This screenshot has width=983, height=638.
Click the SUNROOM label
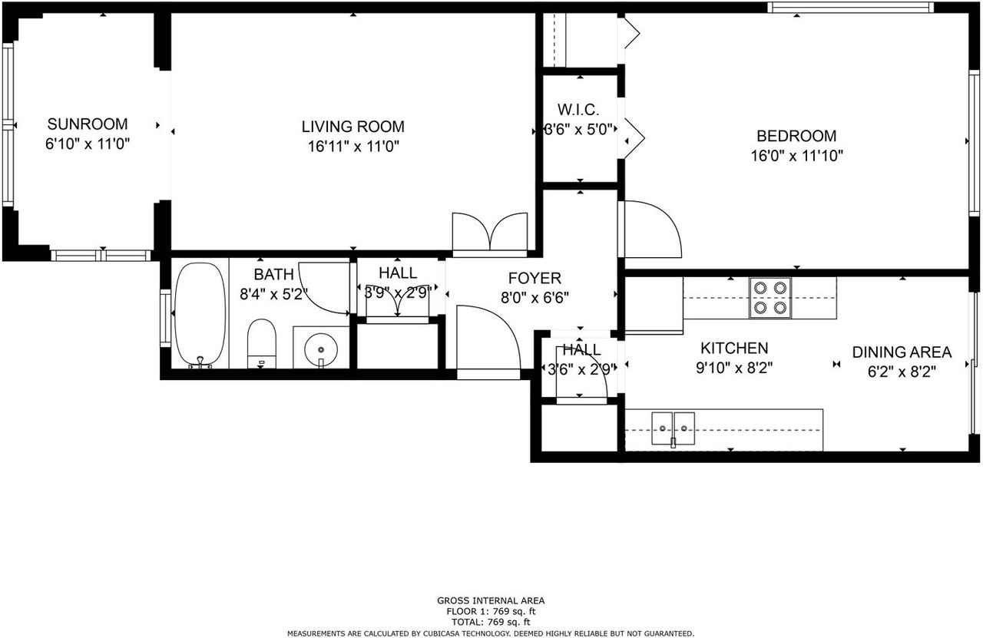(88, 124)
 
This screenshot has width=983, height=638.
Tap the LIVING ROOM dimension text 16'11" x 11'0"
(352, 146)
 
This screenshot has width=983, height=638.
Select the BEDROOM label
(796, 136)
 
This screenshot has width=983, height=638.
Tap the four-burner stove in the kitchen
(770, 297)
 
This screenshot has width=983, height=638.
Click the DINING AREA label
(902, 352)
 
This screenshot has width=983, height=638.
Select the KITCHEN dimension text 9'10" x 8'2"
(733, 368)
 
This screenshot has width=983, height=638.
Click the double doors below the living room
(490, 233)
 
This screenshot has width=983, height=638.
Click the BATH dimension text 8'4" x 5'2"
(273, 293)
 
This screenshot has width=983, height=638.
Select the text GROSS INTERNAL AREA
(491, 601)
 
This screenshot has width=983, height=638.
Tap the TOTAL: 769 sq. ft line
(491, 622)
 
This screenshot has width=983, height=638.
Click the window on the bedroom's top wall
(849, 8)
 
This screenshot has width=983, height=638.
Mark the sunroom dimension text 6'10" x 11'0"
(88, 144)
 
